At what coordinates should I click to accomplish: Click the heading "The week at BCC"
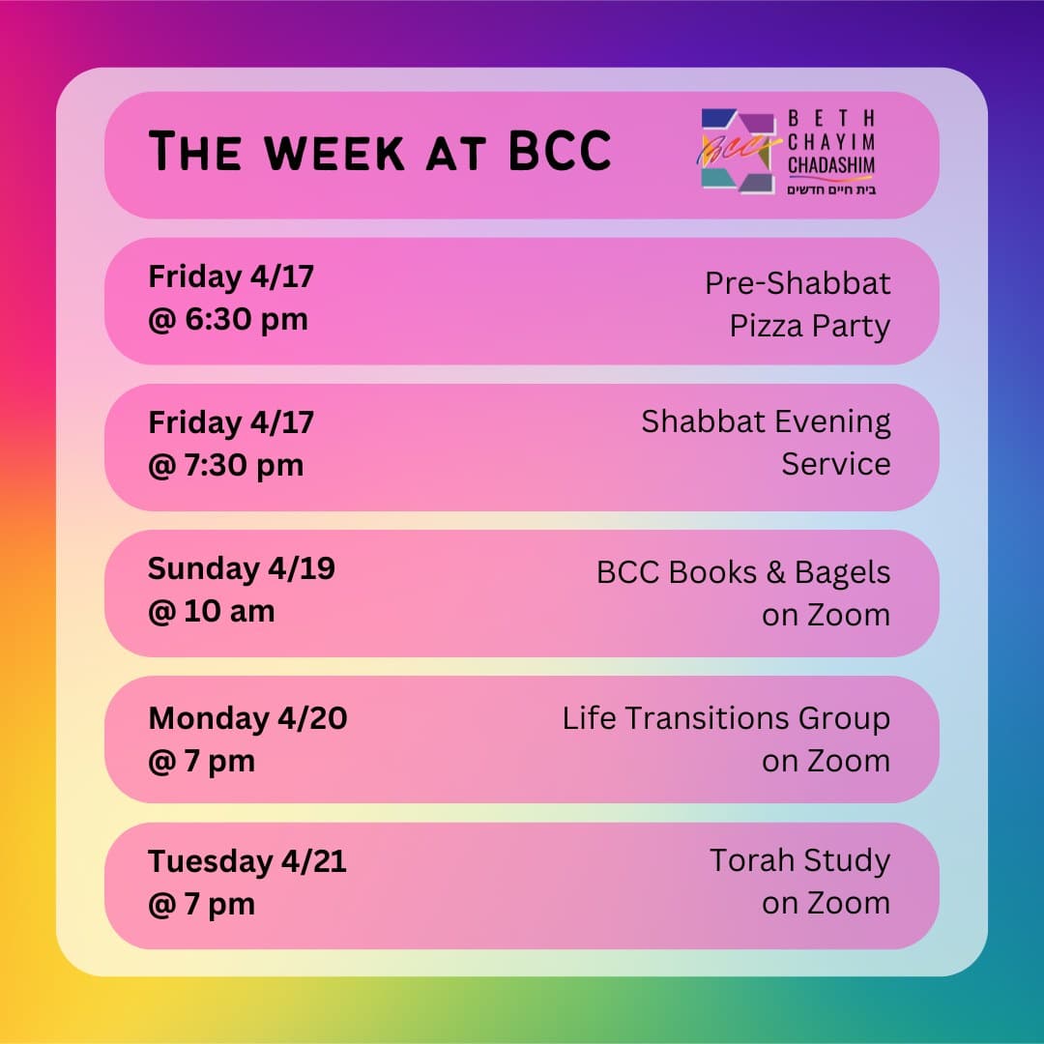pos(379,152)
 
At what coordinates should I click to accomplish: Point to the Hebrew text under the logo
pos(831,189)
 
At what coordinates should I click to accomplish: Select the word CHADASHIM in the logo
pos(831,165)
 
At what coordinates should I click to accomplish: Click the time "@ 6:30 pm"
pos(227,319)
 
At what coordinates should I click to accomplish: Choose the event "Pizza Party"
pos(809,327)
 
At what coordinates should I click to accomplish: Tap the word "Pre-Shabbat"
pos(797,283)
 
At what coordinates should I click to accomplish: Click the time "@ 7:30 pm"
pos(225,465)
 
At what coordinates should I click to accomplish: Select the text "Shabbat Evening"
pos(766,421)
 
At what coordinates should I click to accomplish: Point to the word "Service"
pos(835,464)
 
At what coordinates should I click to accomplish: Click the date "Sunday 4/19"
pos(241,568)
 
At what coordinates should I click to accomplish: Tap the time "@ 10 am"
pos(211,611)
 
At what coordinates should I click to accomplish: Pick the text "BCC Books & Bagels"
pos(742,572)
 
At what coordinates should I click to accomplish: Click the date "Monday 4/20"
pos(247,718)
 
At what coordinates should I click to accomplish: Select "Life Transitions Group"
pos(726,718)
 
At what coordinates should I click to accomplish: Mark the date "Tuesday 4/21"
pos(246,861)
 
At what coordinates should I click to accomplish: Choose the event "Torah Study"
pos(799,860)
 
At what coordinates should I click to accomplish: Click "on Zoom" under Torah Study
pos(826,903)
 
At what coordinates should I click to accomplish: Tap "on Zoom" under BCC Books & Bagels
pos(826,615)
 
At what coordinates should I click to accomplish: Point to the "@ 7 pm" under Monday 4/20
pos(201,761)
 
